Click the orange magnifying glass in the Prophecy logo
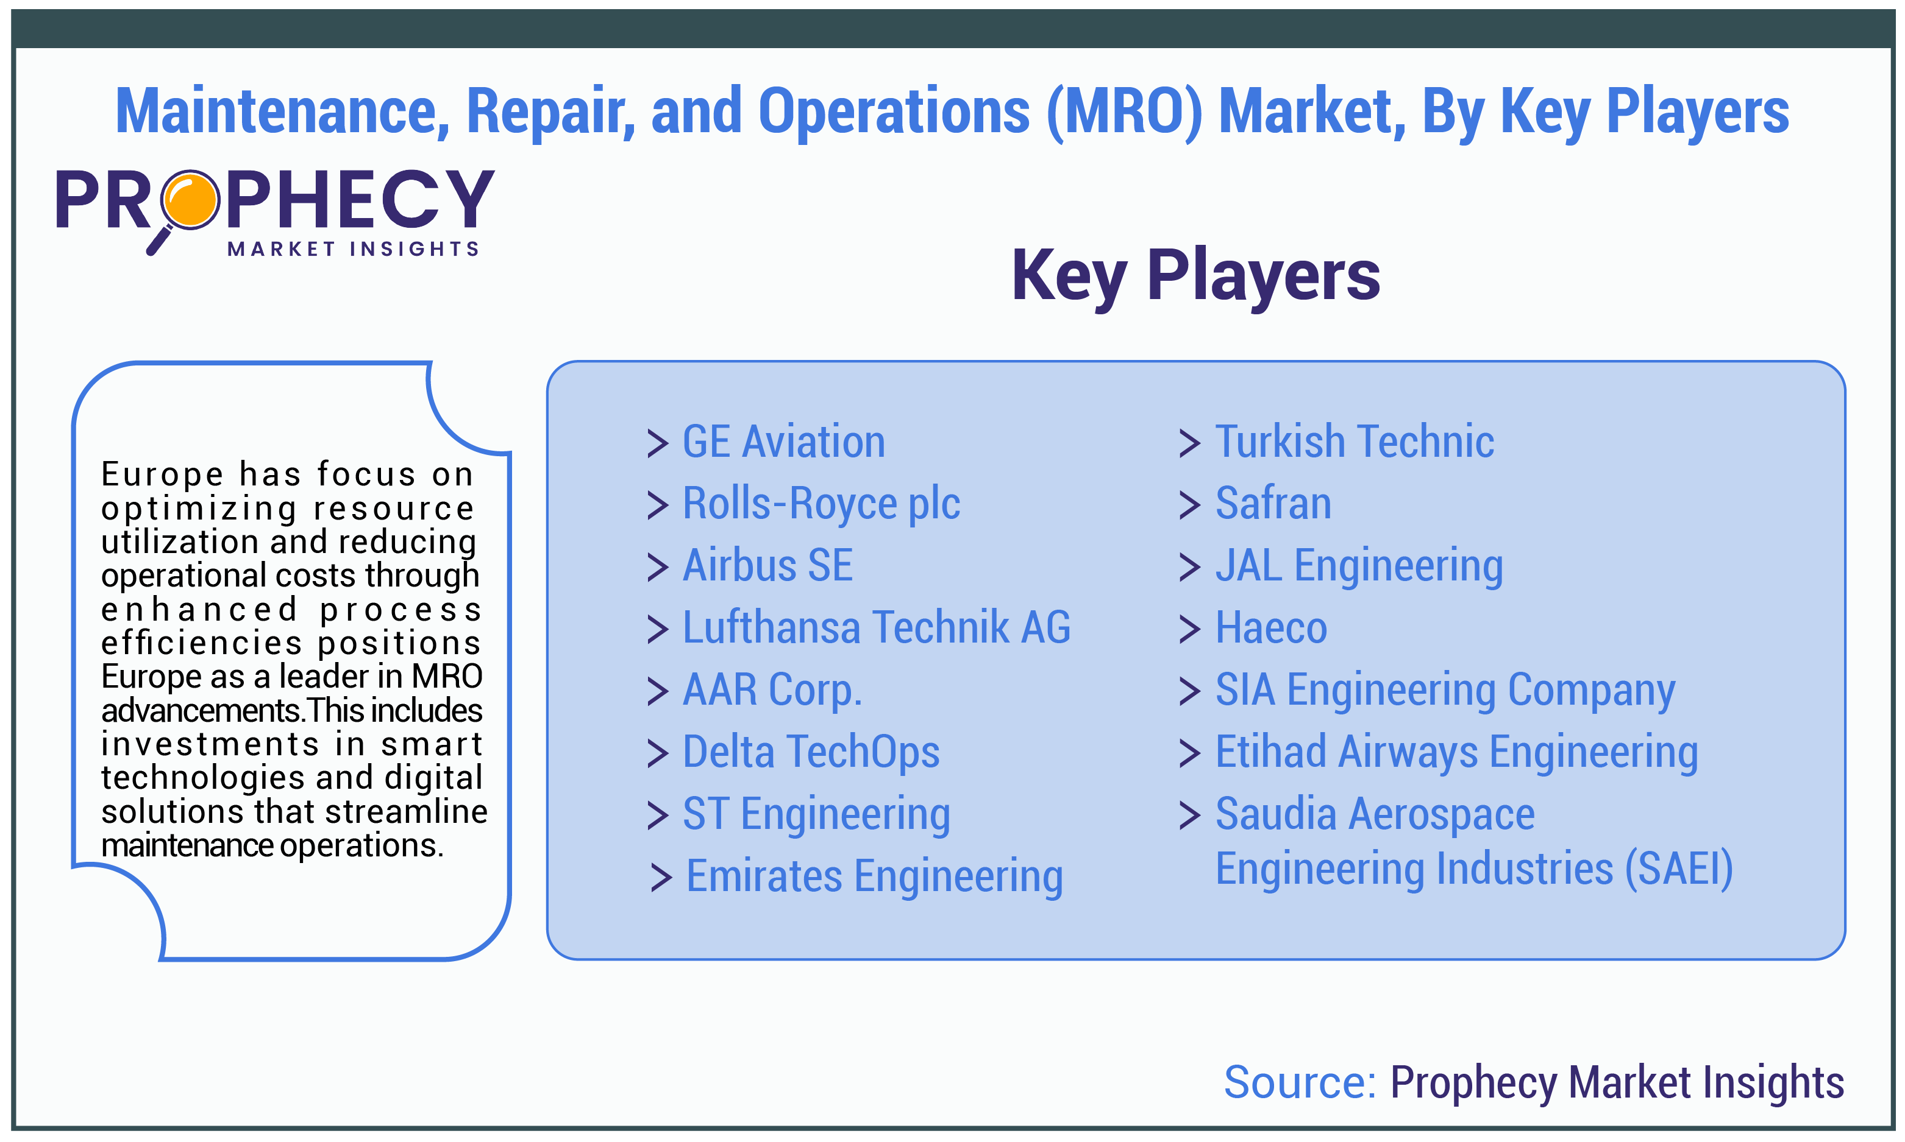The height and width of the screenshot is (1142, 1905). [190, 201]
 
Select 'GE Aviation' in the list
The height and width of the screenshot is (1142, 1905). [783, 442]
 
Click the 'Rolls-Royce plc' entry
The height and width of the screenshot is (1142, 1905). [821, 505]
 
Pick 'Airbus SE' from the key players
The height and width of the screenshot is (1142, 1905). [767, 566]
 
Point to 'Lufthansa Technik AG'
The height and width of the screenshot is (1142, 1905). [876, 627]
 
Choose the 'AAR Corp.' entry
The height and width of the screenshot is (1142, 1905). [772, 690]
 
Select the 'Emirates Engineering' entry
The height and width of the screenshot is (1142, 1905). [874, 877]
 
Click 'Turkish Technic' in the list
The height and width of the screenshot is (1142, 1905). [1355, 442]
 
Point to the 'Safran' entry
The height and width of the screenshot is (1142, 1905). [1273, 504]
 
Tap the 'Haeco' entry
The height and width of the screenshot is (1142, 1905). [1271, 628]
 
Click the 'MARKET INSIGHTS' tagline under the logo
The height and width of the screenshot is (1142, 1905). [354, 249]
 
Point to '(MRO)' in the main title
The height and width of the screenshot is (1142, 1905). [1123, 112]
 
